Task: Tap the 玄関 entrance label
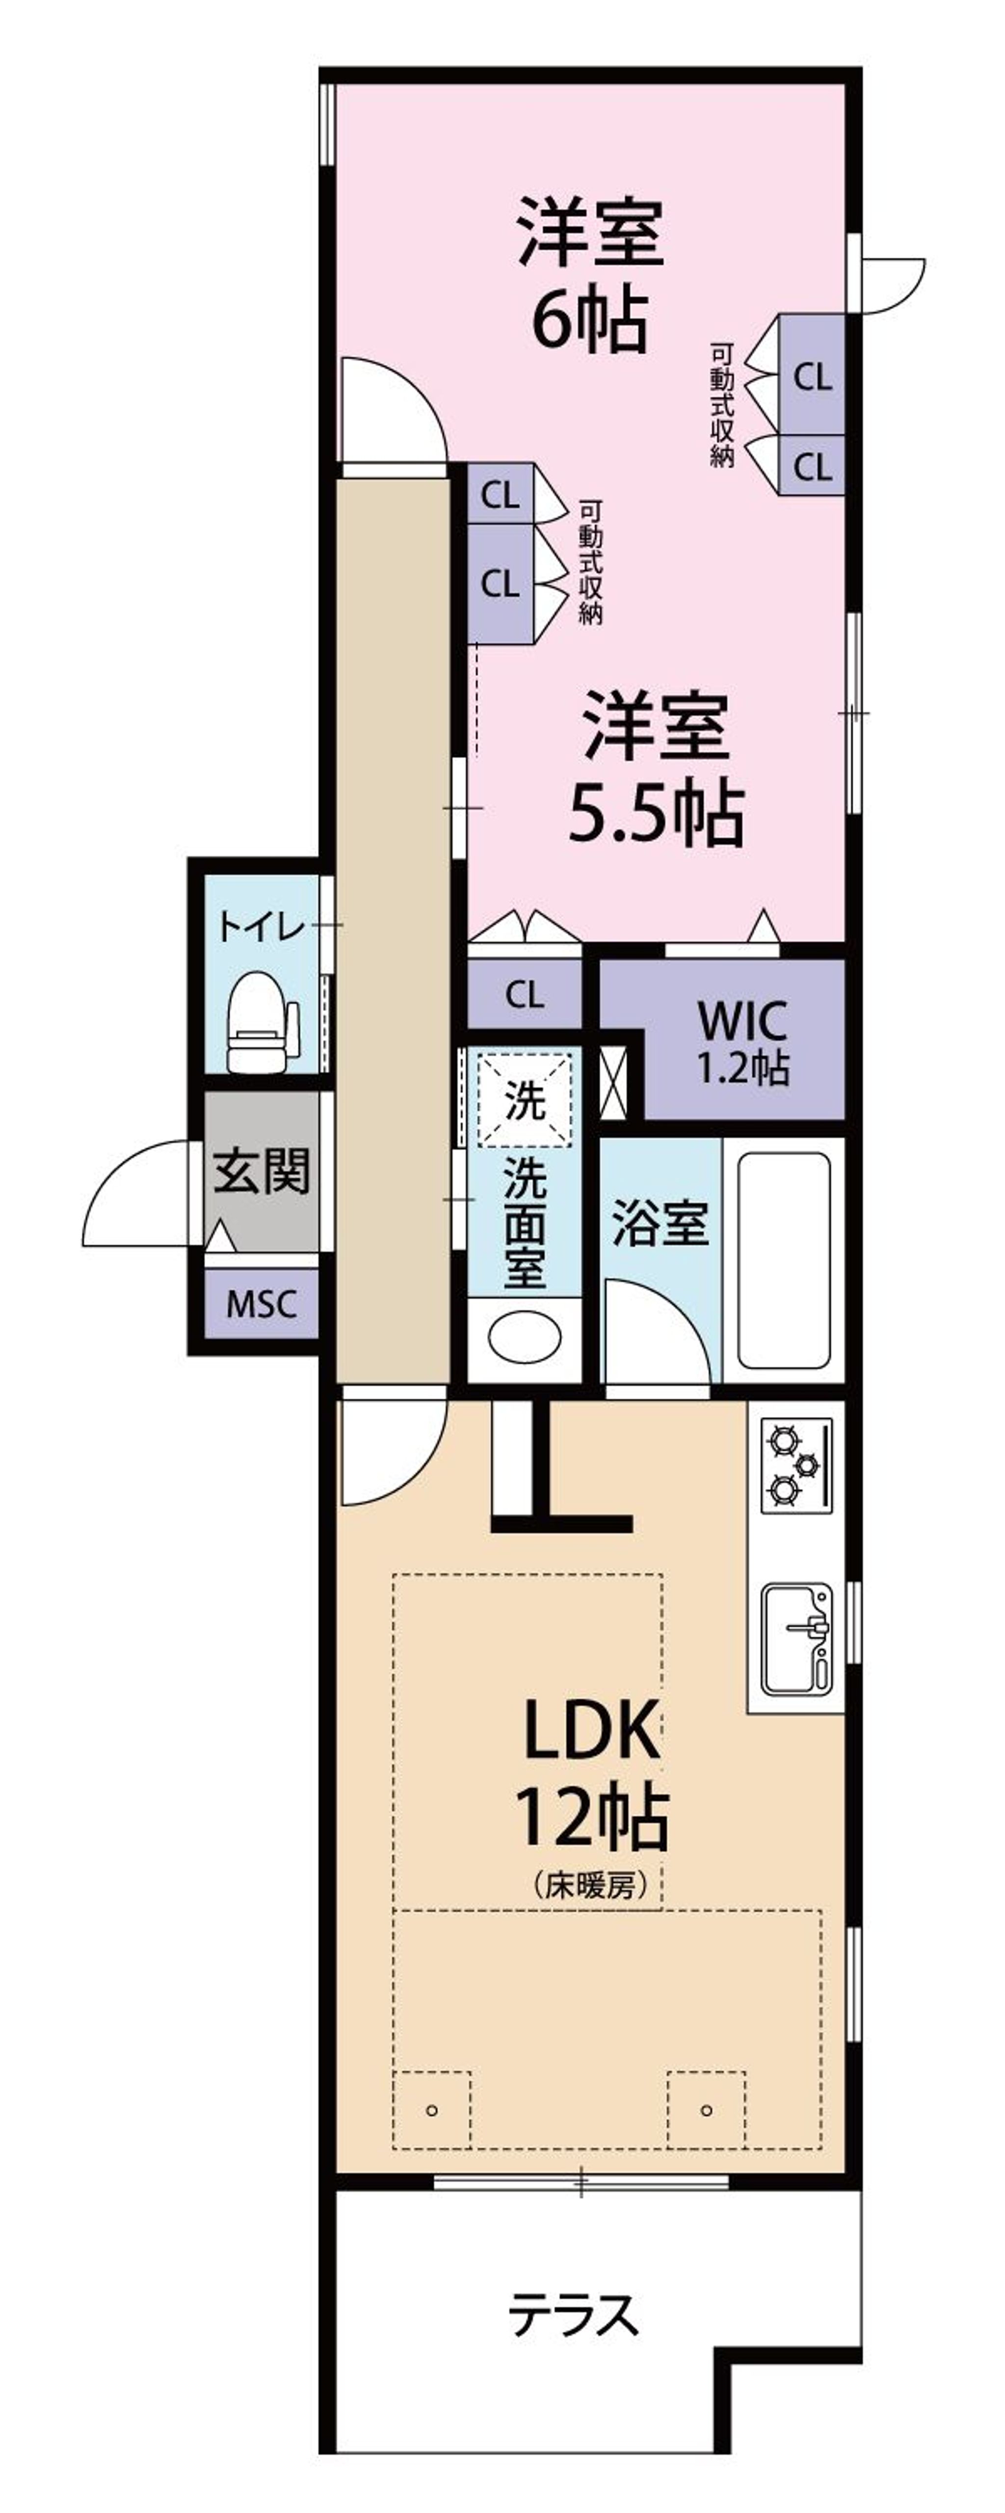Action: coord(262,1171)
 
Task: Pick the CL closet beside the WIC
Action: coord(525,995)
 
